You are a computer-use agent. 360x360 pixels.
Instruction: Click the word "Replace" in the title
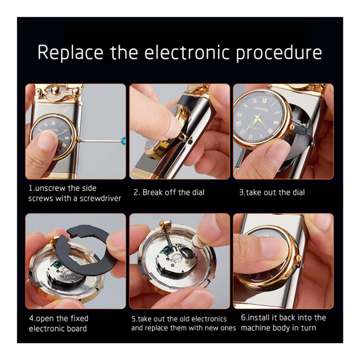click(x=70, y=53)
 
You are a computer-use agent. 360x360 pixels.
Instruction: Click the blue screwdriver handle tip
click(x=123, y=140)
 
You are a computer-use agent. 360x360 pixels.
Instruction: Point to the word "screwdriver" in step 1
click(x=100, y=198)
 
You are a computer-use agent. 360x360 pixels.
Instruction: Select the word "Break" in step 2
click(x=153, y=192)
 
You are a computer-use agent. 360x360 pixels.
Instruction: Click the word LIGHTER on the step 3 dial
click(x=261, y=109)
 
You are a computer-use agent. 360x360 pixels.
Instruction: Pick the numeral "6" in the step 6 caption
click(x=243, y=317)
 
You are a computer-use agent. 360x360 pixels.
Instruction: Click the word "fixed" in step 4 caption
click(x=79, y=319)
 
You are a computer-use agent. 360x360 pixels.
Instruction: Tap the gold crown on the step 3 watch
click(x=293, y=127)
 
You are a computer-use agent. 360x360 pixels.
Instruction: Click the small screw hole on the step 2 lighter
click(x=189, y=142)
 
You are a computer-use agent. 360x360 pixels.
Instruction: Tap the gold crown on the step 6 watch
click(x=300, y=258)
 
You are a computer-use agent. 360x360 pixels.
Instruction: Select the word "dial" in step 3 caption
click(x=298, y=192)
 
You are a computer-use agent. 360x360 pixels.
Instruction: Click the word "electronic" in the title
click(x=187, y=53)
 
